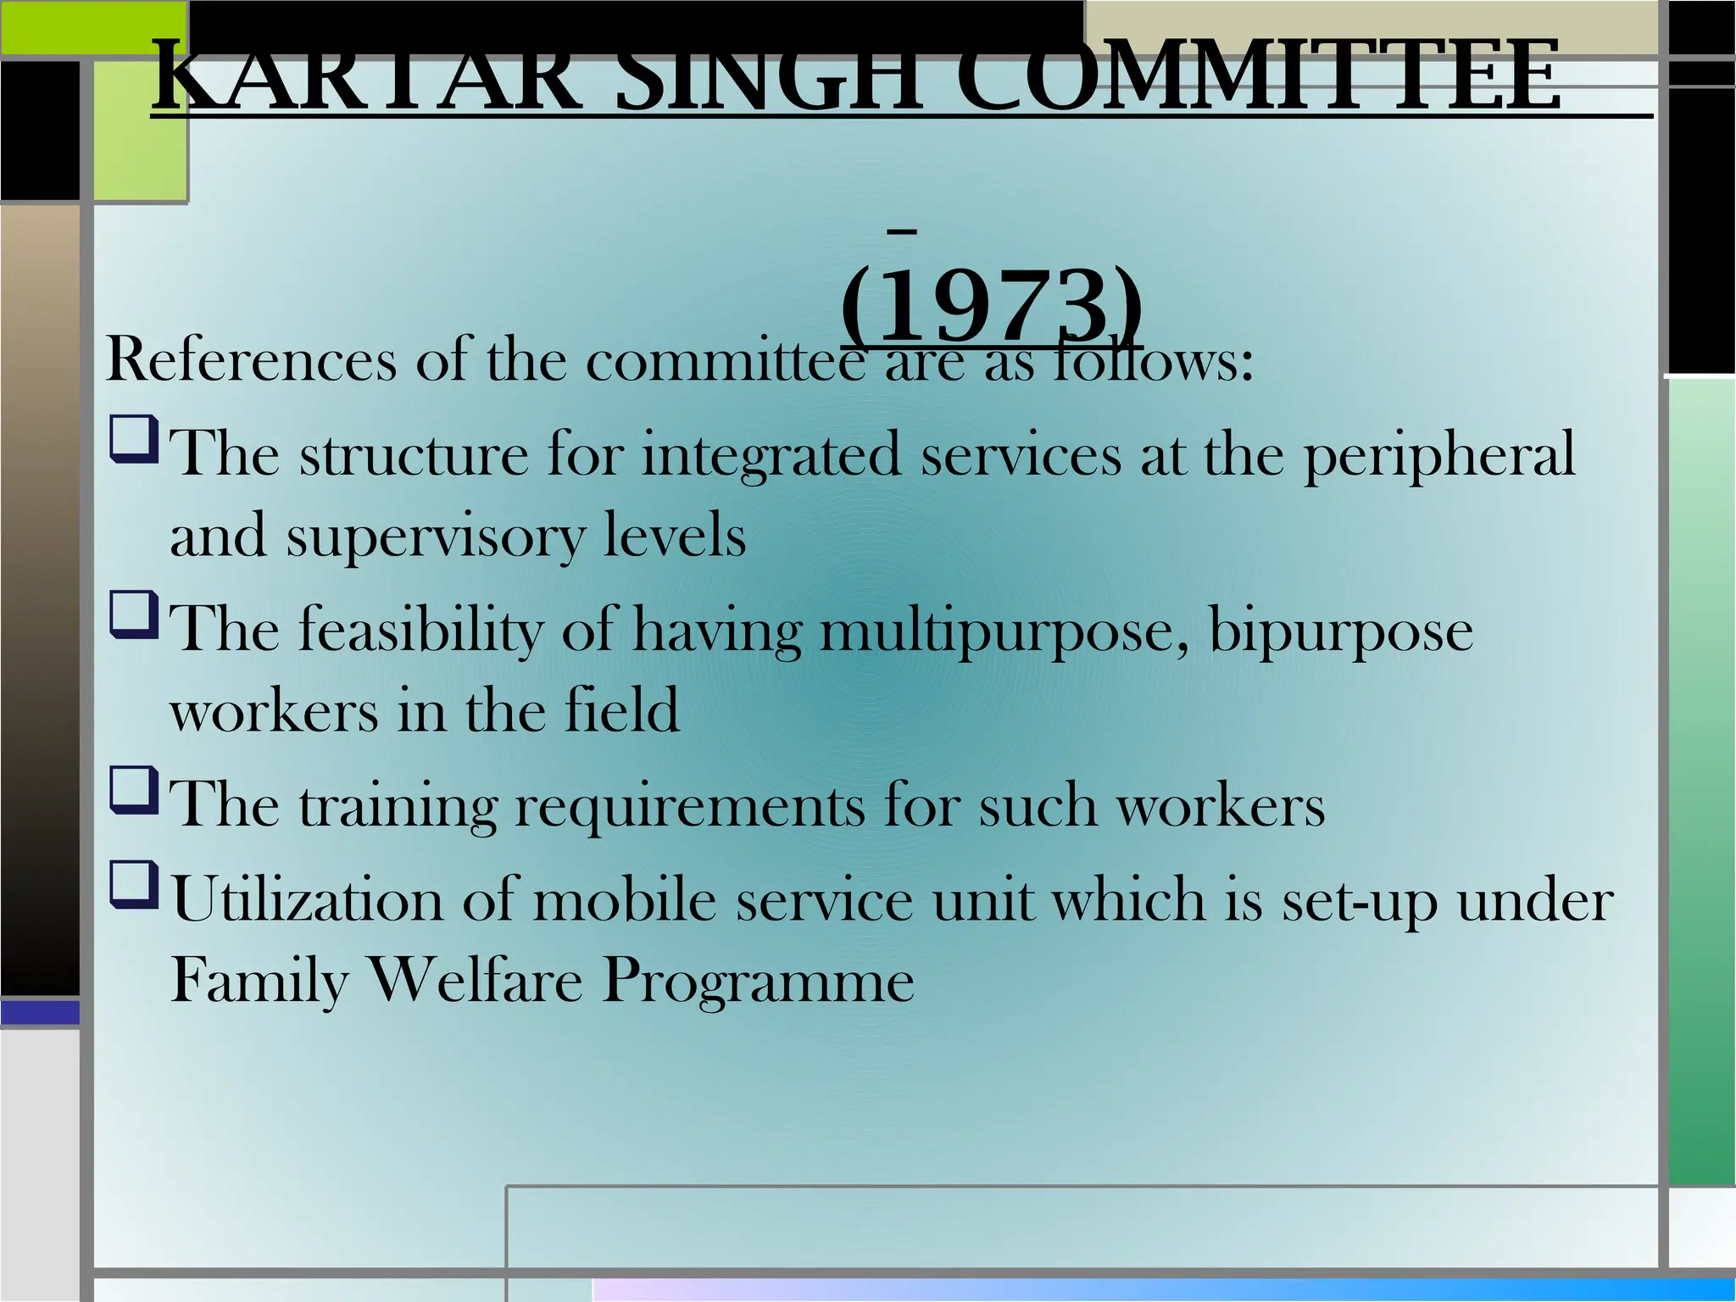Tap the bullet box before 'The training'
pyautogui.click(x=133, y=790)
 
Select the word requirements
pyautogui.click(x=690, y=805)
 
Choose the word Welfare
pyautogui.click(x=476, y=982)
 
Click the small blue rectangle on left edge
pyautogui.click(x=40, y=1012)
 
